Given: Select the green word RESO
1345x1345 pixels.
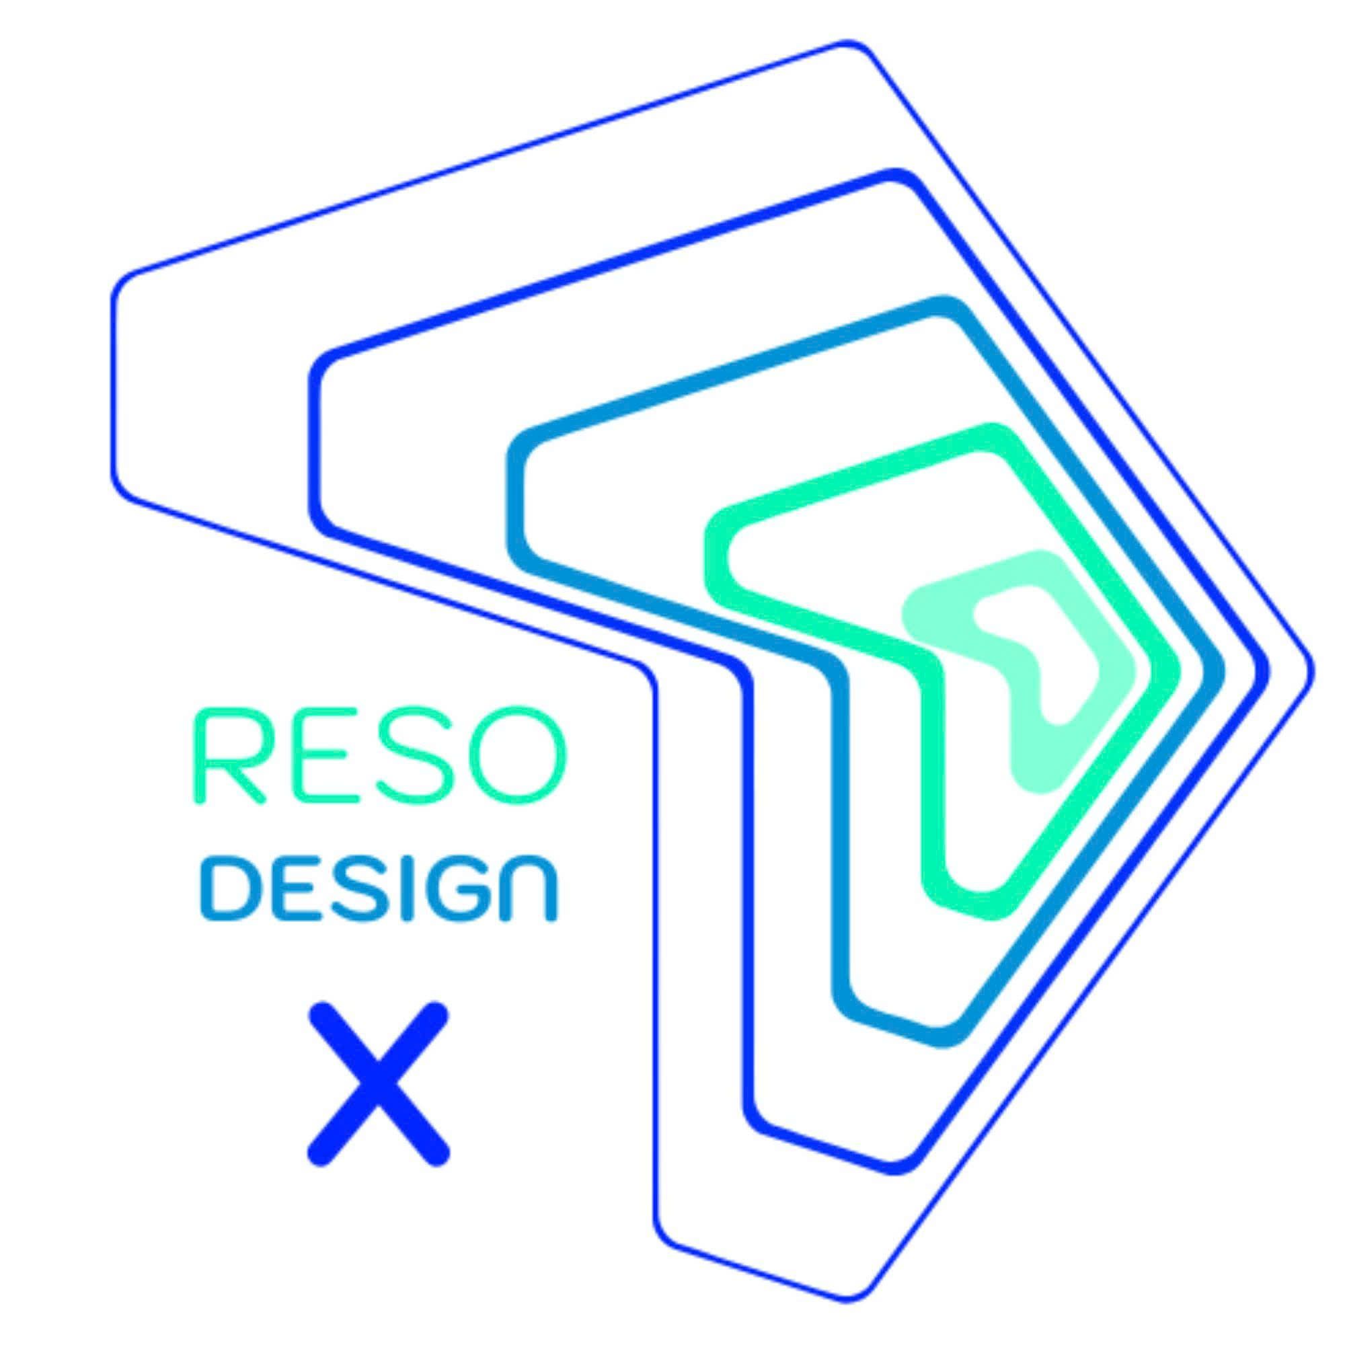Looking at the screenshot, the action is pyautogui.click(x=380, y=756).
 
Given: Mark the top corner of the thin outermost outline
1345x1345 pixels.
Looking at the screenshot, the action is pyautogui.click(x=848, y=42).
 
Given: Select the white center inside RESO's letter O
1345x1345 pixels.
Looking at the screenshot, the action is pyautogui.click(x=516, y=756).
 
